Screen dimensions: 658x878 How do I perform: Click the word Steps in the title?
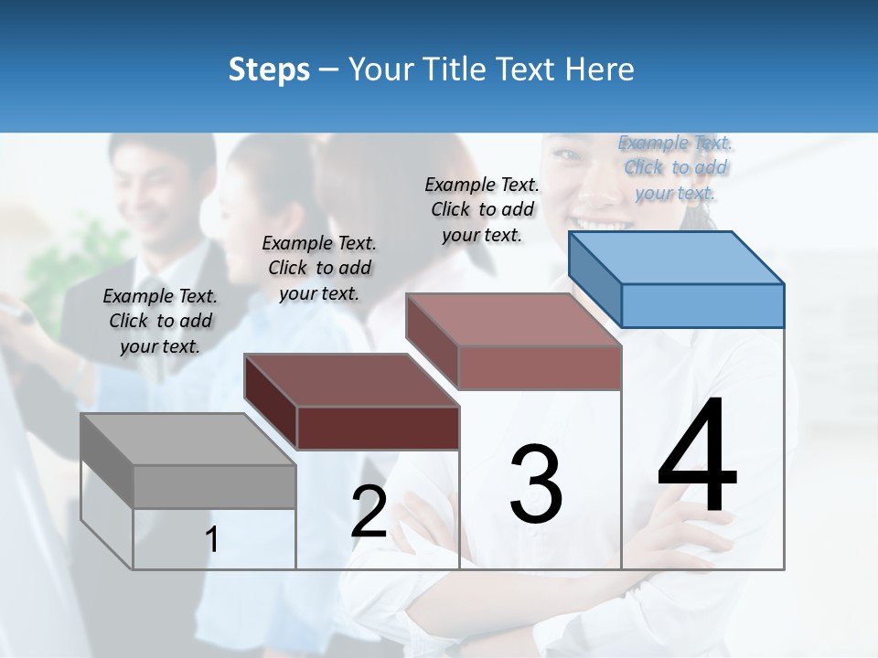(269, 69)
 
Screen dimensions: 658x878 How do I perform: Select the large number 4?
(697, 457)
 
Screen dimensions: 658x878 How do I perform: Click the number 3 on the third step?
(536, 484)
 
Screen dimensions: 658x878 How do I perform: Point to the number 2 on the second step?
(369, 513)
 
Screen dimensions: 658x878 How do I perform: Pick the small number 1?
(211, 540)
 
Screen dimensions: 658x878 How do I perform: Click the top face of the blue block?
(677, 258)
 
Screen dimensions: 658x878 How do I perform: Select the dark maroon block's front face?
(378, 428)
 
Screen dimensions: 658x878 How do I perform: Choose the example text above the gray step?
(160, 321)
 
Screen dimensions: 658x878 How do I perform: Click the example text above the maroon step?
(319, 268)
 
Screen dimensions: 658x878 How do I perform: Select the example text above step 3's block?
(482, 209)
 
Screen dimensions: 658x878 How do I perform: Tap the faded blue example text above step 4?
(675, 167)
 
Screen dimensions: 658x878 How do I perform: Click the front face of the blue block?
(702, 305)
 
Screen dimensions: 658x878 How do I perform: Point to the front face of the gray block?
(214, 486)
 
